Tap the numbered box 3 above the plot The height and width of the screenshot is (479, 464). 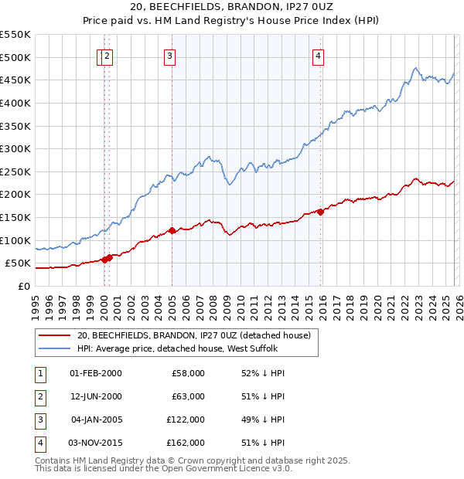169,55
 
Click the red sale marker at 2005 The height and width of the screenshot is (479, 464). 172,230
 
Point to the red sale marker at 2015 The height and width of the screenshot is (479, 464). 320,212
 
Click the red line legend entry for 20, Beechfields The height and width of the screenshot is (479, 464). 193,335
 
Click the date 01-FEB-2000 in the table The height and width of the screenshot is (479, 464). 95,373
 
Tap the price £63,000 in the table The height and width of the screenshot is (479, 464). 188,396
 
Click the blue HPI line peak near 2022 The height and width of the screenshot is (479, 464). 416,68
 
